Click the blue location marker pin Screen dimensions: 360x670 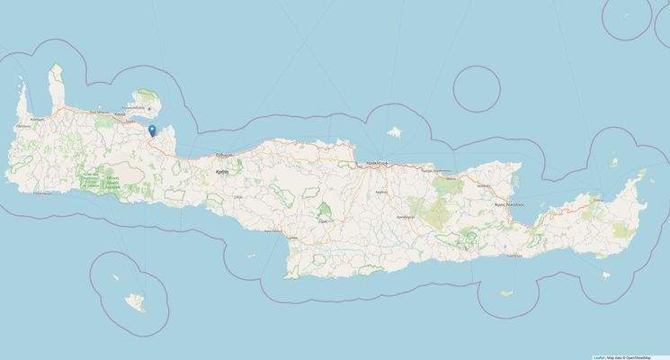pos(152,130)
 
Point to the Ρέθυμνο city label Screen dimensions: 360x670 pos(222,154)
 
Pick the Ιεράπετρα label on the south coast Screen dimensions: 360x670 pos(514,255)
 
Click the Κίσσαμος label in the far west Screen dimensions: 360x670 pos(38,118)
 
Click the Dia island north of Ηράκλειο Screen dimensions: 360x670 pos(393,133)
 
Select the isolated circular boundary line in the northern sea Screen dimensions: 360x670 pos(477,88)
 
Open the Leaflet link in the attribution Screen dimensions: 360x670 pos(598,356)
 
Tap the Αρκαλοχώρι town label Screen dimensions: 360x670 pos(405,217)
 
